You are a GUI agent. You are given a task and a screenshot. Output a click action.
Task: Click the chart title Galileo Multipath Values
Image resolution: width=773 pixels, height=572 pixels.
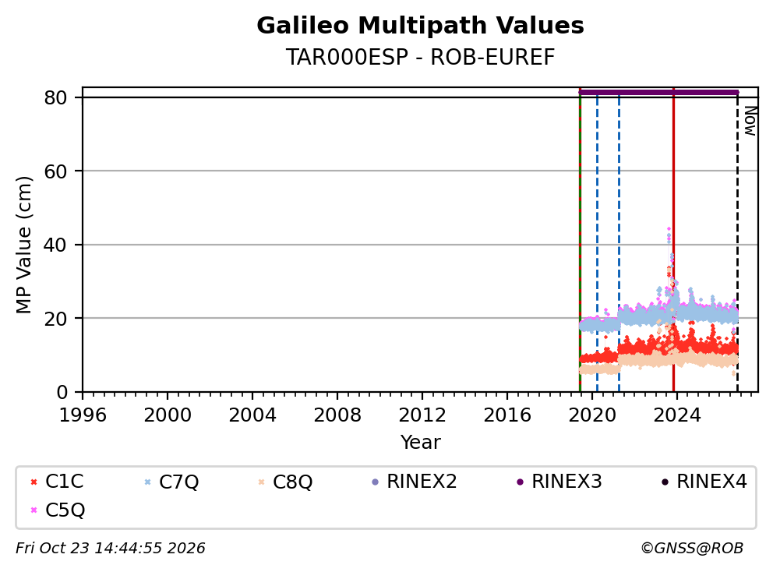(x=420, y=26)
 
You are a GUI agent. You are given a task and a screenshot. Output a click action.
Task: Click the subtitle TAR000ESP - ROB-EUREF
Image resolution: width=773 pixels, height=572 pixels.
(x=420, y=57)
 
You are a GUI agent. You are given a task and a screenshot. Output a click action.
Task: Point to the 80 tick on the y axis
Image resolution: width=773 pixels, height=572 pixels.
(x=55, y=97)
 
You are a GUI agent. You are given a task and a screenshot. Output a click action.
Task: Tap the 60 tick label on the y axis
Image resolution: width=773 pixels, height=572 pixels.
(x=55, y=171)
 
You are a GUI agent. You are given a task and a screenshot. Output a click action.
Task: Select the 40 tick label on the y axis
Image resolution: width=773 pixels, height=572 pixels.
(x=55, y=245)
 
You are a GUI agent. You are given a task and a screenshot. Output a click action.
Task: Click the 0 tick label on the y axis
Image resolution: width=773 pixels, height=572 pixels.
(x=62, y=392)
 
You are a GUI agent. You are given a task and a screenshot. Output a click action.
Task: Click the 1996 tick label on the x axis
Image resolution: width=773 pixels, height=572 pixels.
(x=83, y=415)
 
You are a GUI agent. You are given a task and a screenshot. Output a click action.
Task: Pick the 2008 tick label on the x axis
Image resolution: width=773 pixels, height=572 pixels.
(x=337, y=415)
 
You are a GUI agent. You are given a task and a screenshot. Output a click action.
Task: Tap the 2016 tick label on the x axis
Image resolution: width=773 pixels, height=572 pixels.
(x=507, y=415)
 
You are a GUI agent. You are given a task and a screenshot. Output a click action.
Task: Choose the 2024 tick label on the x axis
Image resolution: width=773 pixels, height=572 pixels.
(x=677, y=415)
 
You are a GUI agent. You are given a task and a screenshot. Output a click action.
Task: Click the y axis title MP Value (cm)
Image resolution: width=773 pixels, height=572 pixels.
(x=23, y=245)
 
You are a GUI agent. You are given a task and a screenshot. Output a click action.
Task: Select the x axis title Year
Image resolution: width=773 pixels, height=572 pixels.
(x=420, y=443)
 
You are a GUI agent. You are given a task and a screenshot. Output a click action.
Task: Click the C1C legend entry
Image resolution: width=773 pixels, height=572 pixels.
(x=57, y=482)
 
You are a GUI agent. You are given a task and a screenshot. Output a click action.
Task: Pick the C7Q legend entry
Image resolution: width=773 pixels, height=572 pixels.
(x=171, y=482)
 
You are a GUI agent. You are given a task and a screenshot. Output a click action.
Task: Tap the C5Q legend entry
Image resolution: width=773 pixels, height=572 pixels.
(x=57, y=510)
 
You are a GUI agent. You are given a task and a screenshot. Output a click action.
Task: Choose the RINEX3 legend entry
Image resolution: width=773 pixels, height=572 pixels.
(x=559, y=482)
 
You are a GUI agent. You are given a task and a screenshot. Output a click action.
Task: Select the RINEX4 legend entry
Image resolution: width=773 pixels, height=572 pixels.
(x=704, y=482)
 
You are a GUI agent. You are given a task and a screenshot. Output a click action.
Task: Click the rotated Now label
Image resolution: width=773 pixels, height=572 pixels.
(x=750, y=122)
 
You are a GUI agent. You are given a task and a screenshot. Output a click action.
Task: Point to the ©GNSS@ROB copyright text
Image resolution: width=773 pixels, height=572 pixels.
(x=692, y=549)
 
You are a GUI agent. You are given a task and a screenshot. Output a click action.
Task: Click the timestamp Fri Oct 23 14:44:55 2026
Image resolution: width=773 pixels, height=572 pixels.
(x=111, y=549)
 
